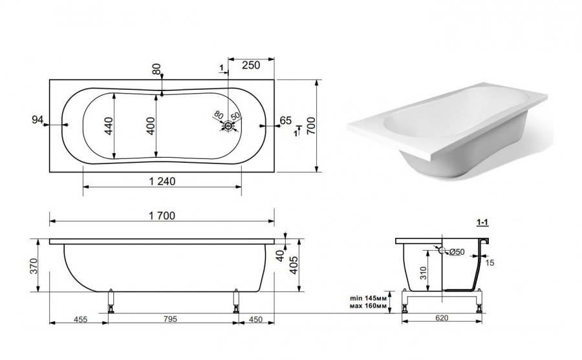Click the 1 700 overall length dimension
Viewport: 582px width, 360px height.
[x=162, y=216]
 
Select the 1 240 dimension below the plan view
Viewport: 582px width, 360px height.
[x=162, y=181]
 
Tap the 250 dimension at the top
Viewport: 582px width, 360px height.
[x=251, y=65]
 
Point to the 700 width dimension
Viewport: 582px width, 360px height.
[x=311, y=125]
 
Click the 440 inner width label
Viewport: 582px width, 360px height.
[x=109, y=126]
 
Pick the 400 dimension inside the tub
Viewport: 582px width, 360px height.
[x=150, y=126]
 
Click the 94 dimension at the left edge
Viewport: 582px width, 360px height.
[x=38, y=120]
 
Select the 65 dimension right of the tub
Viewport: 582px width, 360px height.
[x=285, y=121]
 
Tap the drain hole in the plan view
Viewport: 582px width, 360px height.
[x=228, y=126]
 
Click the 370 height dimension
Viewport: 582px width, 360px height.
[x=34, y=266]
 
